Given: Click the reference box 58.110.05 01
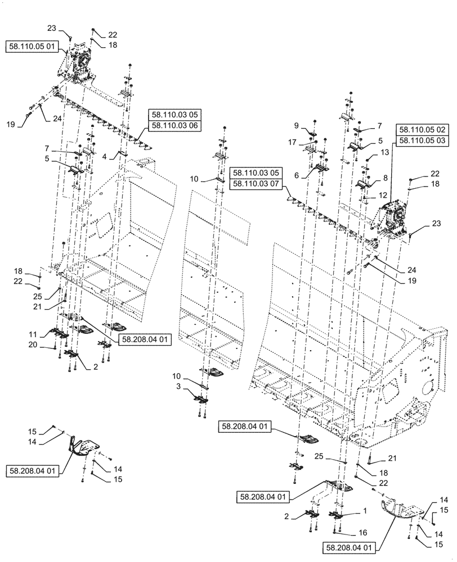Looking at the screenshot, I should (31, 47).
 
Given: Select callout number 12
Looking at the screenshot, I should (383, 195).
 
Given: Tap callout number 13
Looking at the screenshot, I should (385, 152).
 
